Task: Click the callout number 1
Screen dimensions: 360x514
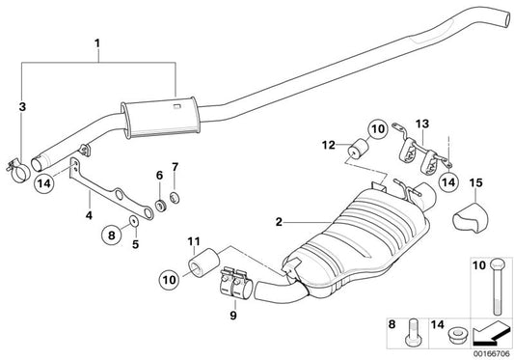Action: point(96,43)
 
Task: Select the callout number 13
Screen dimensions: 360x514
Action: point(421,124)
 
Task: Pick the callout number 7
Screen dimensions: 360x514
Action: point(175,168)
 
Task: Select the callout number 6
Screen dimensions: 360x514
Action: point(158,175)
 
